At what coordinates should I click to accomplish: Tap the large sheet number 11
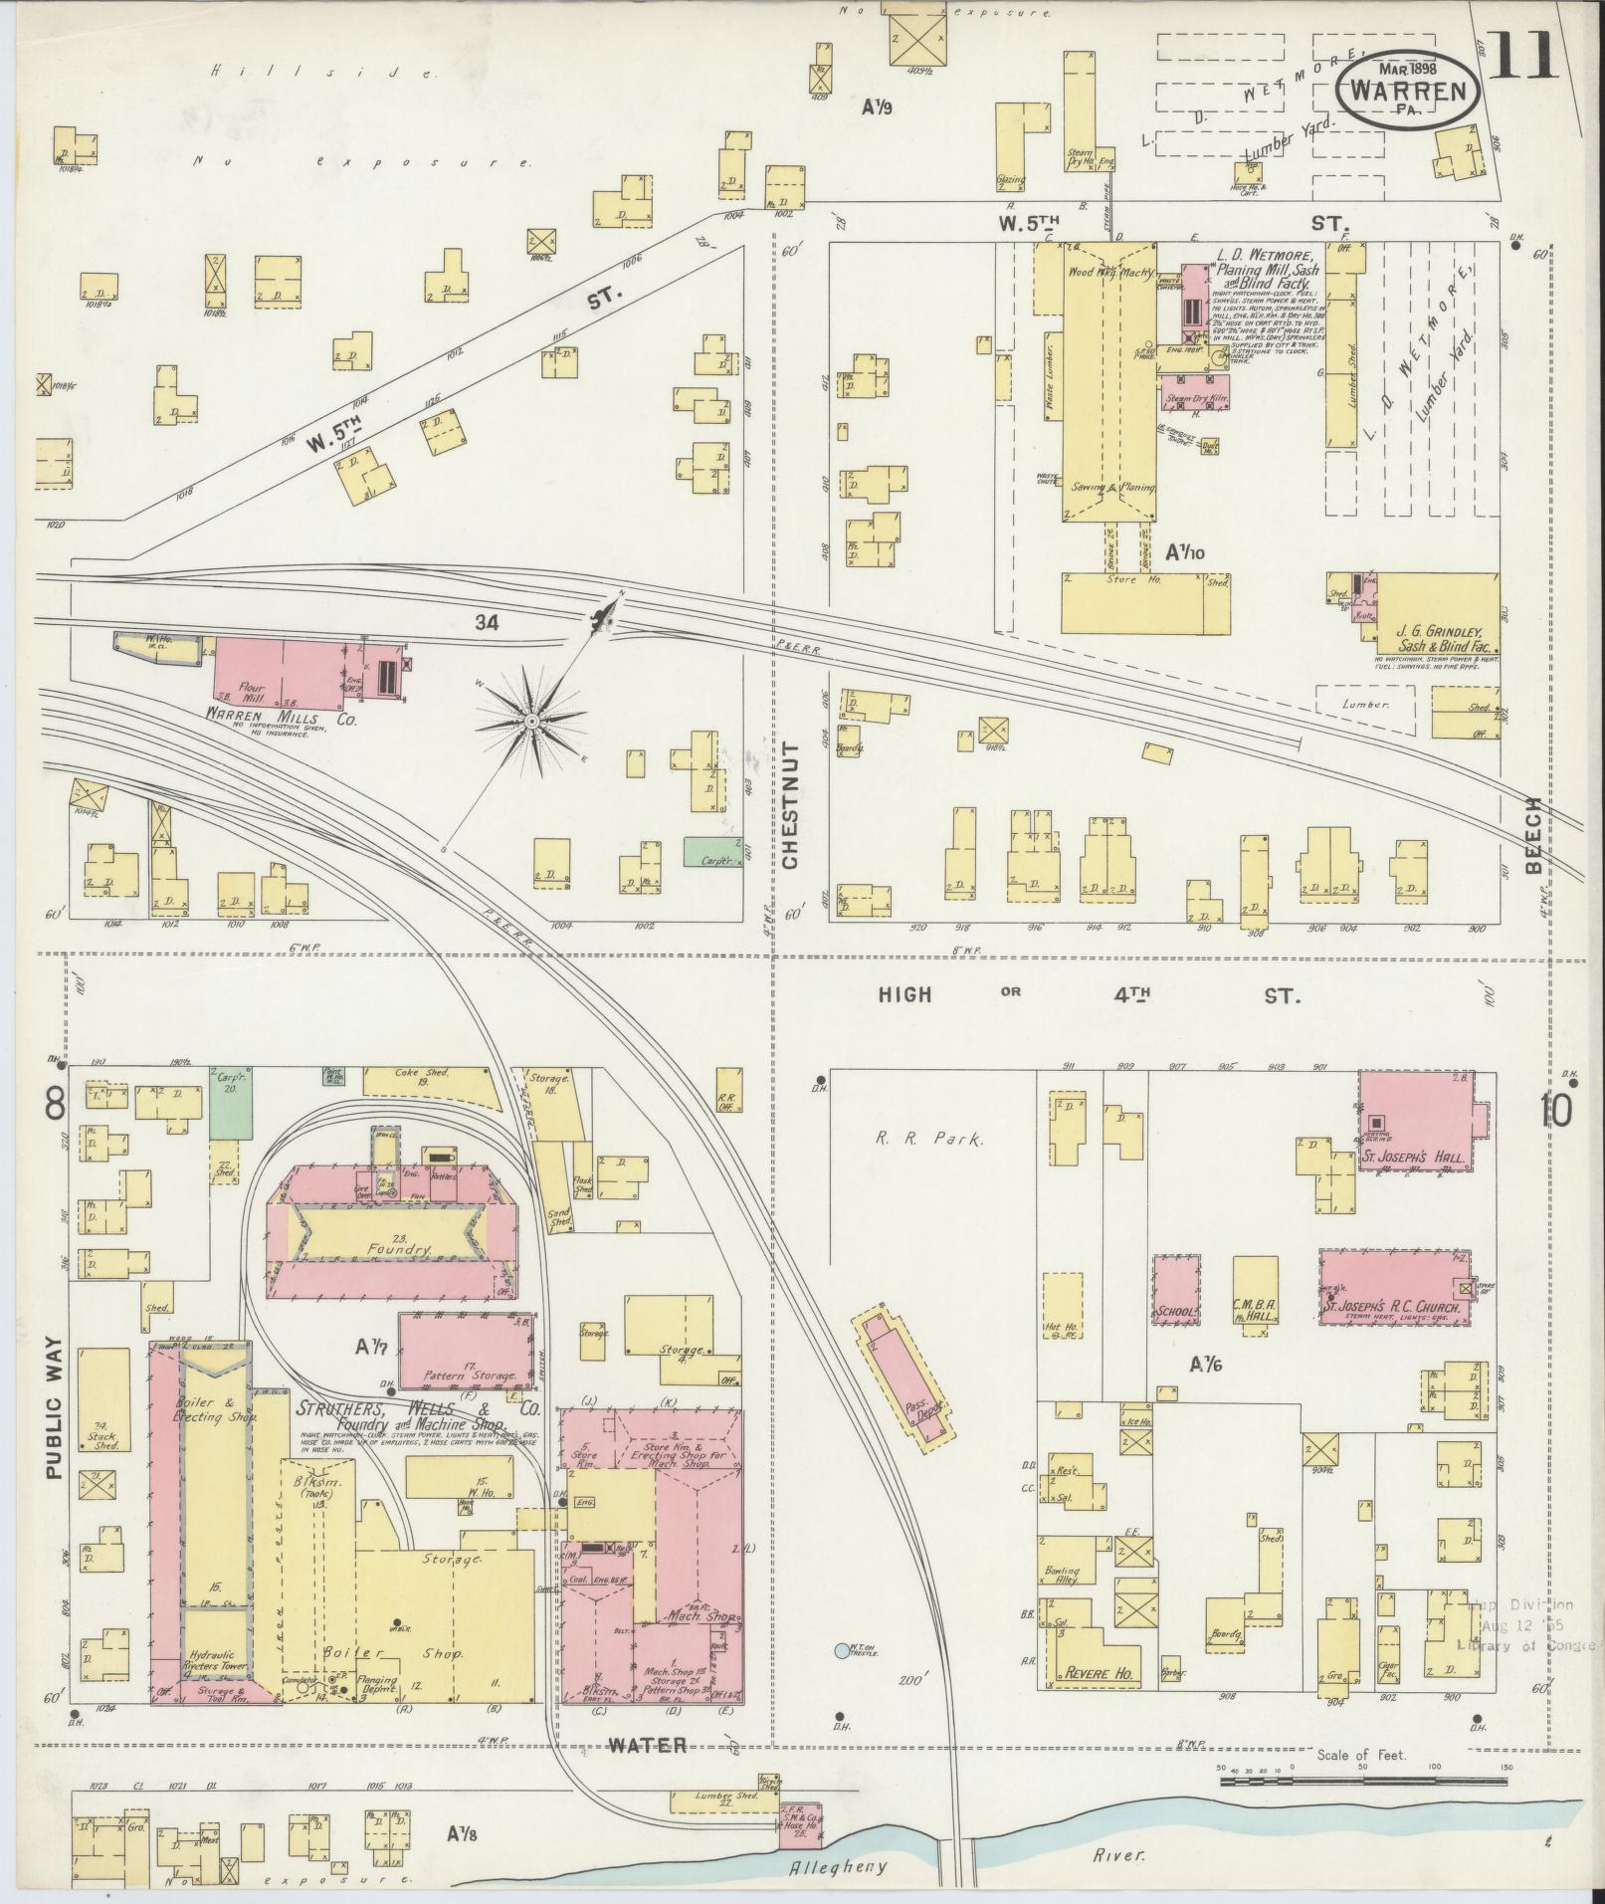click(1523, 56)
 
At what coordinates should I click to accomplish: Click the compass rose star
click(532, 720)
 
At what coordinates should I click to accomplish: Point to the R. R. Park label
click(928, 1139)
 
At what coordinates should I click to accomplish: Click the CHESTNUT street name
click(791, 806)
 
